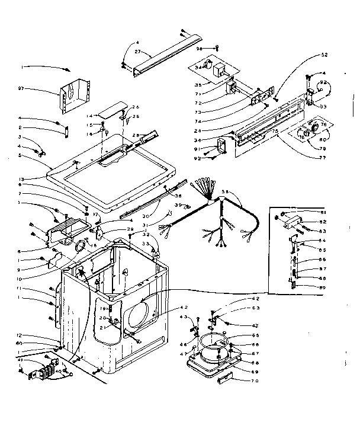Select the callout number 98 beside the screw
(x=200, y=47)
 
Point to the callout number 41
(x=20, y=360)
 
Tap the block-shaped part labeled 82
(x=291, y=222)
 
